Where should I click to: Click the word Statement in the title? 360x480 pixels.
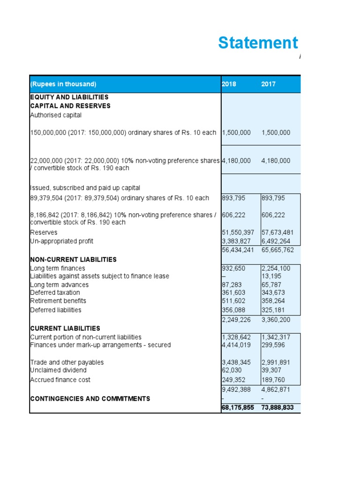click(x=258, y=43)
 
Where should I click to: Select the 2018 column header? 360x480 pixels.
click(x=229, y=84)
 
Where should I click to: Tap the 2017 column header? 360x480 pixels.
click(x=269, y=84)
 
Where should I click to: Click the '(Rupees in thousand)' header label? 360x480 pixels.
click(x=63, y=84)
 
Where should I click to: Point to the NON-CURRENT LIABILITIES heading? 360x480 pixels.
click(x=73, y=259)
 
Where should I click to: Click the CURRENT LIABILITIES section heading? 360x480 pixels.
click(x=65, y=328)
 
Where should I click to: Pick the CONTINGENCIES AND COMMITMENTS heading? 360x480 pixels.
click(x=90, y=398)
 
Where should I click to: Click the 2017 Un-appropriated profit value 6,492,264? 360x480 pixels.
click(x=277, y=241)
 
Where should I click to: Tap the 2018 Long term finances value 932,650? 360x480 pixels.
click(x=233, y=268)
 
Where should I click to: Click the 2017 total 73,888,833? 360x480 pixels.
click(x=277, y=408)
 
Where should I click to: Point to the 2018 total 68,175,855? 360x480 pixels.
click(x=238, y=408)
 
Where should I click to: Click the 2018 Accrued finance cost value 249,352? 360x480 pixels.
click(x=233, y=380)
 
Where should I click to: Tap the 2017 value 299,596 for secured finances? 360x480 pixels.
click(x=273, y=345)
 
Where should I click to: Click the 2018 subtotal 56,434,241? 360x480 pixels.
click(x=238, y=250)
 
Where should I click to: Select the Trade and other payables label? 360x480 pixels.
click(x=67, y=362)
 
